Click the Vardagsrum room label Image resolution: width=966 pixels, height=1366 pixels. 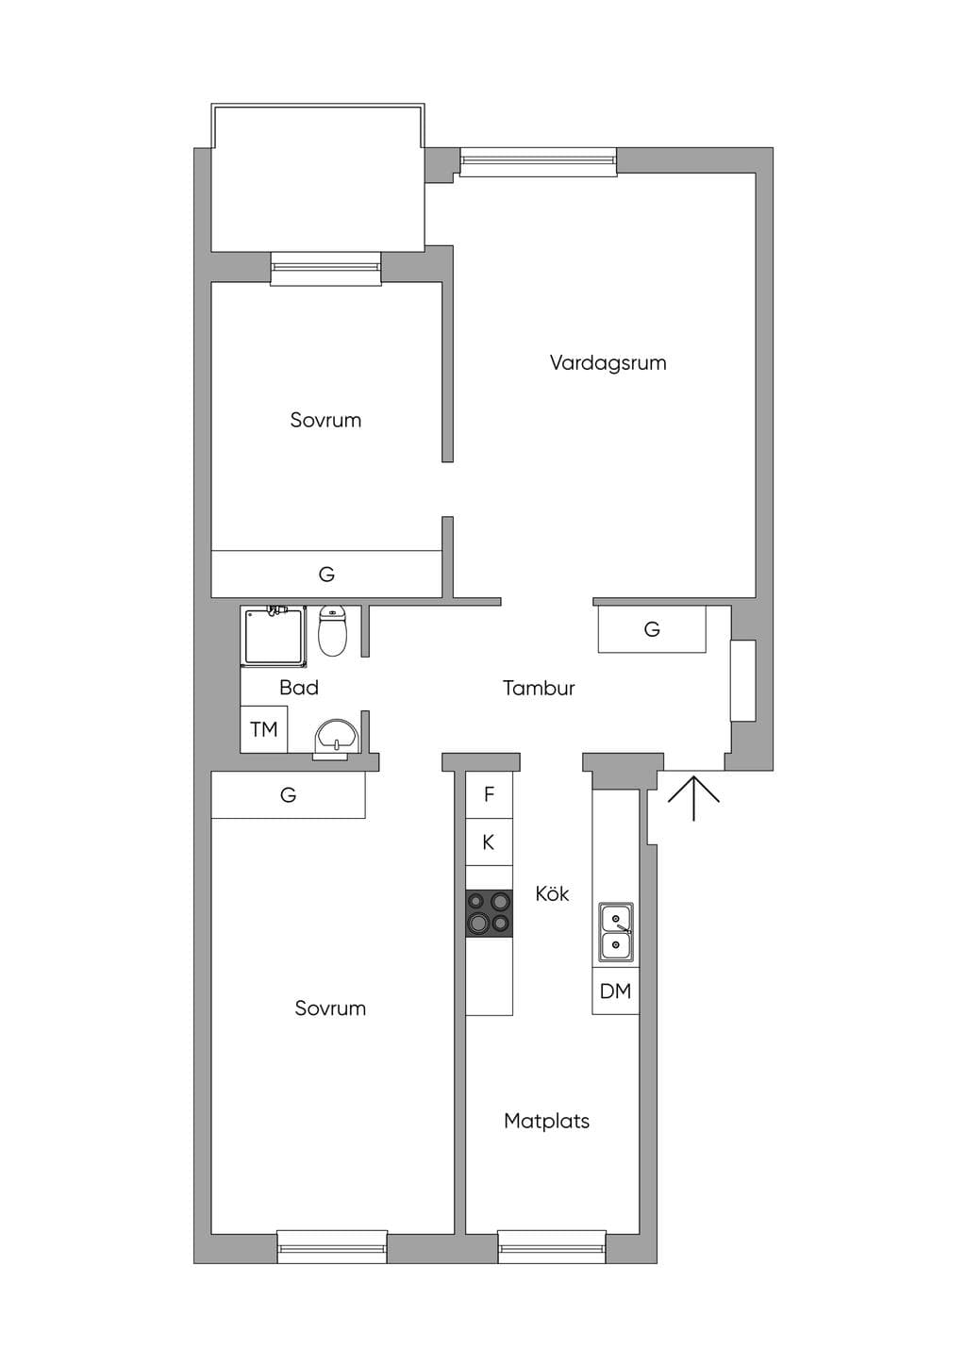608,363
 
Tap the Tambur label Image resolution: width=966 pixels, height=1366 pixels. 539,688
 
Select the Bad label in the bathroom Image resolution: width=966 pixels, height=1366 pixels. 299,688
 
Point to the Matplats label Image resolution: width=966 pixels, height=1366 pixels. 547,1121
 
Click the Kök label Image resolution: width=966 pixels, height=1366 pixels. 552,893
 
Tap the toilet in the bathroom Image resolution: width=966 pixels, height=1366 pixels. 332,631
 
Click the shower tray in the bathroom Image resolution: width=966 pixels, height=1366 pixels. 274,636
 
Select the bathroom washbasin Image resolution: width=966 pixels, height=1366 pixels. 337,739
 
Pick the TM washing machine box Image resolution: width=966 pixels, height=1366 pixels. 264,729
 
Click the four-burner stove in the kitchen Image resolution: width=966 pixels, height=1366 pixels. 489,913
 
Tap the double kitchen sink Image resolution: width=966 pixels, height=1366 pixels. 616,932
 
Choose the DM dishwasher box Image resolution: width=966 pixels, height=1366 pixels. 615,991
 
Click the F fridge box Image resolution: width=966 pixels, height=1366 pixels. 489,794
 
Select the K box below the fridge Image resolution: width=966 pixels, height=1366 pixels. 489,842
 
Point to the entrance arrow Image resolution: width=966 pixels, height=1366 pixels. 693,798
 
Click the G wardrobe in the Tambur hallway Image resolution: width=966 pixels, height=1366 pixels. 652,628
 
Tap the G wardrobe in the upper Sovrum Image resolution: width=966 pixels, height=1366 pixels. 326,574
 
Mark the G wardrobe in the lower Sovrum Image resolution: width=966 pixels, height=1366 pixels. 288,794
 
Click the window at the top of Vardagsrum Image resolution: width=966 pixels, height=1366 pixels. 538,161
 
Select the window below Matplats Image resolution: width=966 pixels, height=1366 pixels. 552,1246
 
